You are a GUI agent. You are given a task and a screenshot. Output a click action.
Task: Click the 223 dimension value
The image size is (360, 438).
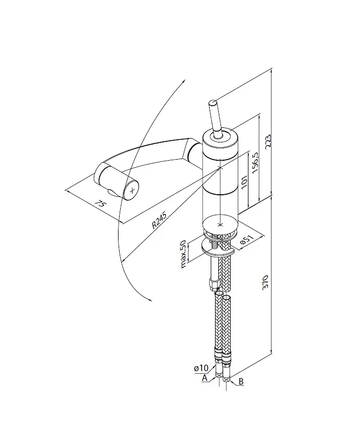coord(267,142)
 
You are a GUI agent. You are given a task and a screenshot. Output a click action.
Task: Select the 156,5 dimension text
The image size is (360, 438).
coord(255,163)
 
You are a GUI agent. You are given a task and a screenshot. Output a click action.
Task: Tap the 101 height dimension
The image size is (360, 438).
coord(244,182)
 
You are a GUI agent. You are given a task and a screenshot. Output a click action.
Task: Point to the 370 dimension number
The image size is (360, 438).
coord(265,283)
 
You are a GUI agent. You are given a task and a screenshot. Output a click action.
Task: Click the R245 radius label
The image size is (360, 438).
coord(159,221)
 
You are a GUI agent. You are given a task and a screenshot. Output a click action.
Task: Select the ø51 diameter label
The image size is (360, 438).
coord(247,240)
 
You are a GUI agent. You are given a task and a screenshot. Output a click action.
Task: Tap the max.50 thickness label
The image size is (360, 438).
coord(183,254)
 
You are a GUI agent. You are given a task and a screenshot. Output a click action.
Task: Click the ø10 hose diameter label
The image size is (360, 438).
coord(201,368)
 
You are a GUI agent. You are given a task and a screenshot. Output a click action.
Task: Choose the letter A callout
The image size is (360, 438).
coord(205,378)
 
